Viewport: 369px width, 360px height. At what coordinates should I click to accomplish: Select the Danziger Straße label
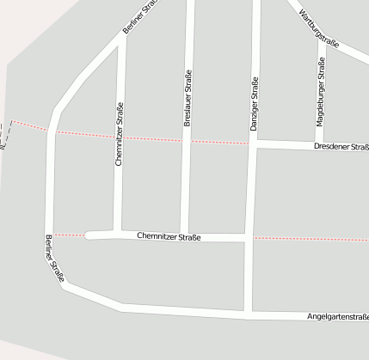coord(255,105)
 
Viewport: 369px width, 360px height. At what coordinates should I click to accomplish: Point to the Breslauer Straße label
coord(187,99)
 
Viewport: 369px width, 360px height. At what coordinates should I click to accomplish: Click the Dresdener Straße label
coord(341,147)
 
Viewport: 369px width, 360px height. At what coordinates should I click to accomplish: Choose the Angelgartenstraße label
coord(338,317)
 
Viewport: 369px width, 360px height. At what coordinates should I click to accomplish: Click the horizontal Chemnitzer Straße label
coord(168,236)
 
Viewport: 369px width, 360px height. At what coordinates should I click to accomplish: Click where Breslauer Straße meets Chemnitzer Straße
coord(184,235)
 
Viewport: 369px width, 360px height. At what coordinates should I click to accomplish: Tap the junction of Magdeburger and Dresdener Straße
coord(319,143)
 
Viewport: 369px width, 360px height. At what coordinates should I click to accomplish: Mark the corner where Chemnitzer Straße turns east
coord(118,232)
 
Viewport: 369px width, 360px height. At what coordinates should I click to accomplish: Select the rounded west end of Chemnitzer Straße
coord(89,234)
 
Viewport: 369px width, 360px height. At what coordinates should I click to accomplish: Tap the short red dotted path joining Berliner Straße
coord(71,234)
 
